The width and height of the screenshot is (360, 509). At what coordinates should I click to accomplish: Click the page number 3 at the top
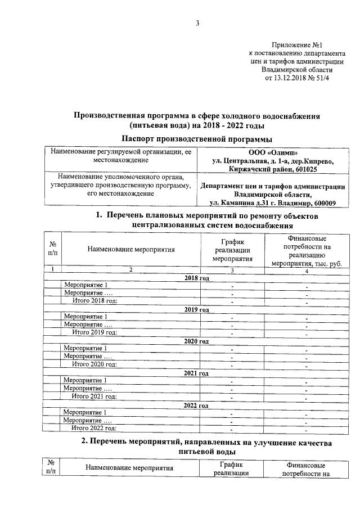[x=197, y=23]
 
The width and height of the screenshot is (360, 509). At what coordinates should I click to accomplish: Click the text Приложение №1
[x=296, y=43]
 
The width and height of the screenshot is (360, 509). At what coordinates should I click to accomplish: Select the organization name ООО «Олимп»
[x=273, y=152]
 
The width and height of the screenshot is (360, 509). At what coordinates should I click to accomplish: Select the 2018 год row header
[x=196, y=278]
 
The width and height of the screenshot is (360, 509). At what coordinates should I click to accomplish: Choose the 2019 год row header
[x=196, y=309]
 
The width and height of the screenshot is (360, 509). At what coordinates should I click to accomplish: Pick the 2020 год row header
[x=196, y=341]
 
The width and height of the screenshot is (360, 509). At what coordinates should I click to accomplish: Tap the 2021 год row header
[x=196, y=373]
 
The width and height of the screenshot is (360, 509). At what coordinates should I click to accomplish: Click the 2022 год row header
[x=196, y=405]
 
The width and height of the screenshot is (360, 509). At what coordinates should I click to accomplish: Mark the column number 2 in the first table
[x=130, y=271]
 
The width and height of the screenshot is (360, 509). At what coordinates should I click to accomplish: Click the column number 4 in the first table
[x=307, y=271]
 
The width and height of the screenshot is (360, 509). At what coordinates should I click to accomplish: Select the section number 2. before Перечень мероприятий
[x=84, y=443]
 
